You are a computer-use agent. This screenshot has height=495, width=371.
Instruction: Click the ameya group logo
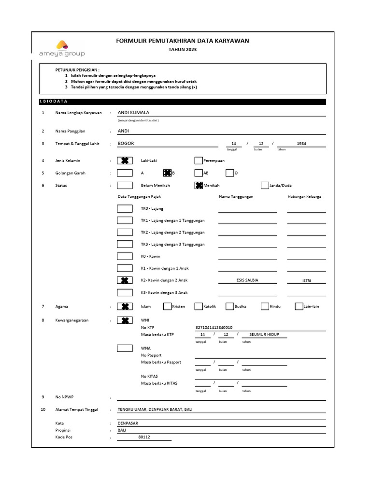62,49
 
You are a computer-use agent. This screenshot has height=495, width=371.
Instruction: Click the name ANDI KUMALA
134,113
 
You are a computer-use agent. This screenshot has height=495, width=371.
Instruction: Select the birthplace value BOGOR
126,144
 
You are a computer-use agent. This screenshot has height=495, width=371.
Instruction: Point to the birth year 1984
301,144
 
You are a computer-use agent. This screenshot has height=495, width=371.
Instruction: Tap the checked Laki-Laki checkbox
125,160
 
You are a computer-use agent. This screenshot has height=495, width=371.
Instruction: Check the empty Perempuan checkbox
199,160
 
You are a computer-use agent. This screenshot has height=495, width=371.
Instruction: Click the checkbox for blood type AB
199,173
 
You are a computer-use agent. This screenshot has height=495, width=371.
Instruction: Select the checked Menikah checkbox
199,185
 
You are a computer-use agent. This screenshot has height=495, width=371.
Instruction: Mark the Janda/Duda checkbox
265,185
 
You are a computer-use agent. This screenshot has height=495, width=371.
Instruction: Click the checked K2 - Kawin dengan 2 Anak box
125,280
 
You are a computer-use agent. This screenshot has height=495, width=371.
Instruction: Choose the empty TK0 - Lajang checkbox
125,208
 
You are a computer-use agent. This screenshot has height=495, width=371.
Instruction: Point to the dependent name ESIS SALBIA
247,280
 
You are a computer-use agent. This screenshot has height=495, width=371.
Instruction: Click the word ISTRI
306,281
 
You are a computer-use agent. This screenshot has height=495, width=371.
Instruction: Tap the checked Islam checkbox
125,306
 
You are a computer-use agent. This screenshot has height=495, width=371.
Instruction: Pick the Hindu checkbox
265,306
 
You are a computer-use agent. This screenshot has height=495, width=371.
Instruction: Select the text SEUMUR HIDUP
264,335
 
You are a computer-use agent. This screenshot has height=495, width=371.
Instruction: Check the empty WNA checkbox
125,348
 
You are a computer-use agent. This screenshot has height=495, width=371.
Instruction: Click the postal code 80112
144,437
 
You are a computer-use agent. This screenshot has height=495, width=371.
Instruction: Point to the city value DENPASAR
128,422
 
